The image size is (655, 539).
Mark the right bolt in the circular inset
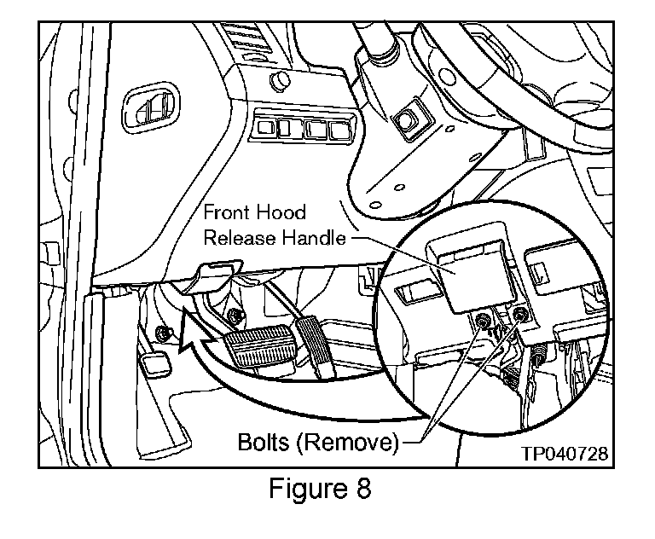click(521, 316)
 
